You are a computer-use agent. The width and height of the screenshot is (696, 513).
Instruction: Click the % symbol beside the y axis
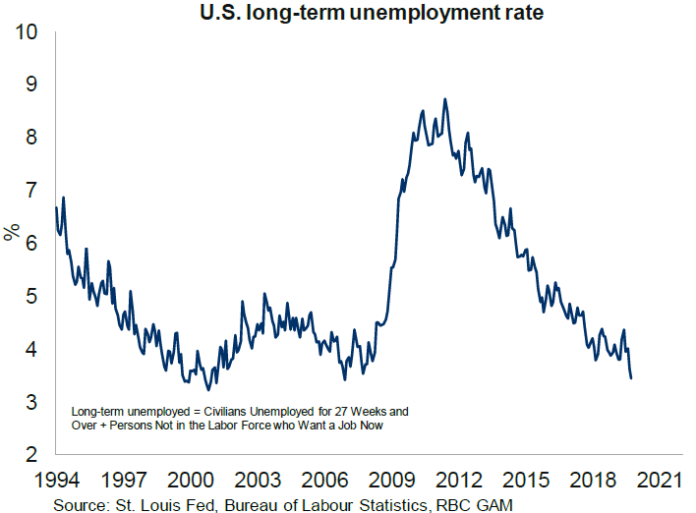pyautogui.click(x=12, y=233)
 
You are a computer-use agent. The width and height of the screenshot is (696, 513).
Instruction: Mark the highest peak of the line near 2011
pyautogui.click(x=445, y=99)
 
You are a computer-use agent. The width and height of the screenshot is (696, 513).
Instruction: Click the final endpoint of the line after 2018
pyautogui.click(x=631, y=377)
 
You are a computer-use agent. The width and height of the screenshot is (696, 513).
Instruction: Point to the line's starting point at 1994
pyautogui.click(x=57, y=207)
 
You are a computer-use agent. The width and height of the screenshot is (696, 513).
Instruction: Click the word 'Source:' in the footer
pyautogui.click(x=86, y=502)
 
